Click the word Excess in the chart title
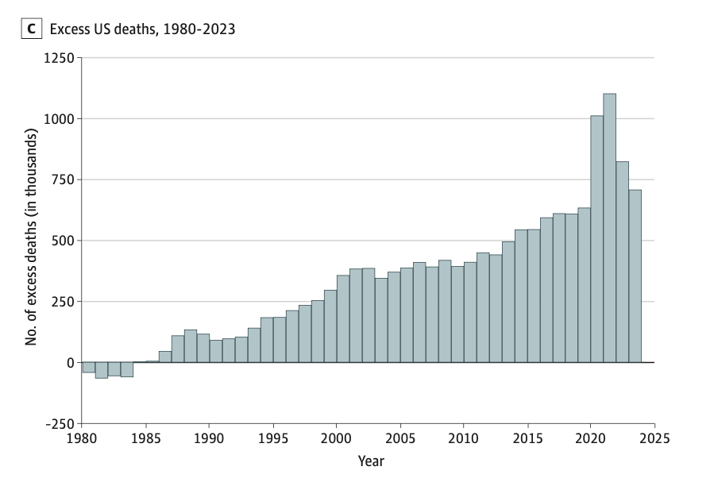69,29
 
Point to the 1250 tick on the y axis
58,58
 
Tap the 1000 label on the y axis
58,119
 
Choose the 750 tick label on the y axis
61,180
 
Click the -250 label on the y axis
60,423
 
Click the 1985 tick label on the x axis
145,438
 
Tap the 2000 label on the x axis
336,438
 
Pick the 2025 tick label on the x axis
654,438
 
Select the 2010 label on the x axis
463,438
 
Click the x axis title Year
371,460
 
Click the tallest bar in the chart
609,230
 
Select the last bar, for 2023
635,278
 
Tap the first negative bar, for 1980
88,368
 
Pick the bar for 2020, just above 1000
596,238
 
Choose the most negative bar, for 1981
101,370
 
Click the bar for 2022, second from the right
622,262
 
